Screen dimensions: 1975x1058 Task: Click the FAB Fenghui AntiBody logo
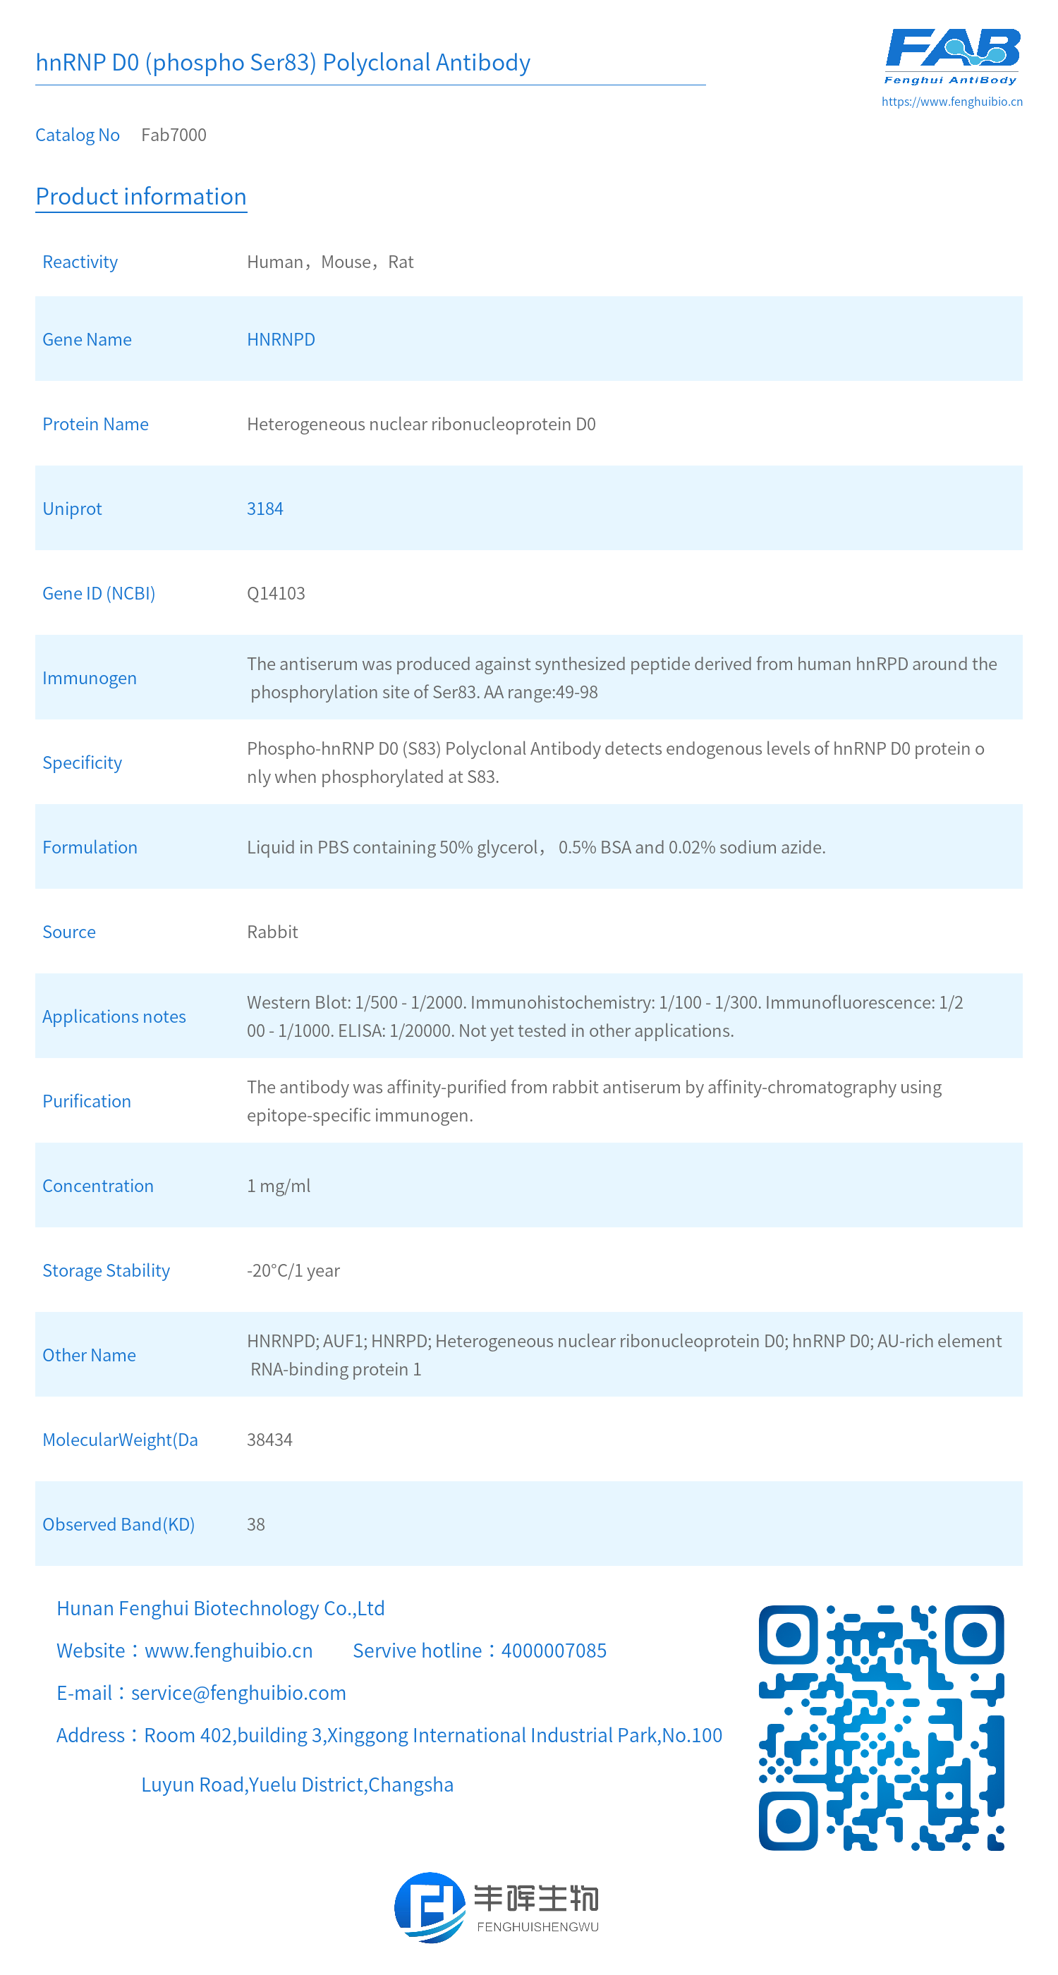click(x=951, y=56)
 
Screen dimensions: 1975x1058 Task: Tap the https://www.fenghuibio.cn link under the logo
click(x=951, y=101)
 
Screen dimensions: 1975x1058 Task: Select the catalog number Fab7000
click(x=174, y=135)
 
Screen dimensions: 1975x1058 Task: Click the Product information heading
click(x=141, y=196)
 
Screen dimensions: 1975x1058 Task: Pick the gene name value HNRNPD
click(x=281, y=340)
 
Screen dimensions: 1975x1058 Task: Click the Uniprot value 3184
click(x=264, y=509)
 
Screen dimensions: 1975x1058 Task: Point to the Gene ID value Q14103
click(x=275, y=593)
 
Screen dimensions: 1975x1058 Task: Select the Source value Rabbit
click(x=272, y=932)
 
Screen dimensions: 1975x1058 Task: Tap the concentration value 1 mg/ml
click(x=279, y=1186)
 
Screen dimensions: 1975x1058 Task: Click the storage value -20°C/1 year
click(x=293, y=1270)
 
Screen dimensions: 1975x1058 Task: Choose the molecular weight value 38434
click(x=269, y=1440)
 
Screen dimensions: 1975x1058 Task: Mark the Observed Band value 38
click(x=255, y=1524)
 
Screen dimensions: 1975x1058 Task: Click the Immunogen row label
click(x=90, y=679)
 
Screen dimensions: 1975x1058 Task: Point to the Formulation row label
click(x=90, y=847)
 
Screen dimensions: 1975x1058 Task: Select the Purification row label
click(x=87, y=1101)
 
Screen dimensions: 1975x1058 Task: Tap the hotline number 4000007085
click(x=554, y=1651)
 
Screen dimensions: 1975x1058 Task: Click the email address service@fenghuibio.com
click(x=238, y=1693)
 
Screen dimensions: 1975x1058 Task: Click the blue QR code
click(x=881, y=1727)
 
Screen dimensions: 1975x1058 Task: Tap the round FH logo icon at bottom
click(x=430, y=1907)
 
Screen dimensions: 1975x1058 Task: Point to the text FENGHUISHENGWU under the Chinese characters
click(x=537, y=1927)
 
